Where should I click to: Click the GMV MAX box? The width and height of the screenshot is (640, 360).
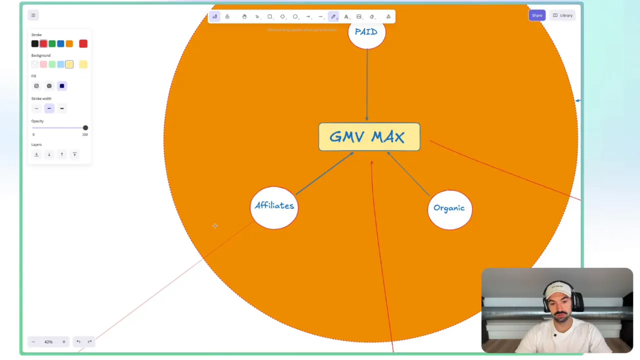pos(369,137)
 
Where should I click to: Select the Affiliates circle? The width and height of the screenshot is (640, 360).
pos(274,207)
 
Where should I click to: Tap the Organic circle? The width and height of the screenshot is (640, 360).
pos(449,209)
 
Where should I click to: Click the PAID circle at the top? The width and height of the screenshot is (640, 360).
pos(366,32)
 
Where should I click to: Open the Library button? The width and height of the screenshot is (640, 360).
pos(562,15)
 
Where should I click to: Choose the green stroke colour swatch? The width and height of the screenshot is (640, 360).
pos(52,44)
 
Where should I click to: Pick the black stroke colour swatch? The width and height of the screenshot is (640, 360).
pos(35,44)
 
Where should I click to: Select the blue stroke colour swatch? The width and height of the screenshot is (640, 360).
pos(60,44)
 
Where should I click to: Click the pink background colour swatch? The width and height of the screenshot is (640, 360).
pos(43,64)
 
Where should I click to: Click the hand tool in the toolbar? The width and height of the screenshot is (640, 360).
pos(244,17)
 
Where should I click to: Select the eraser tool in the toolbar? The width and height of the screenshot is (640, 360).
pos(371,17)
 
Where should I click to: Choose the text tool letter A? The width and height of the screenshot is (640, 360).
pos(346,17)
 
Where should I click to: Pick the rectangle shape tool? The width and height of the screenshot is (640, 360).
pos(269,17)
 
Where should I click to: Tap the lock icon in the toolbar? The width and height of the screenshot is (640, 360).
pos(227,17)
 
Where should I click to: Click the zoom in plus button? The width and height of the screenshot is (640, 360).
pos(63,342)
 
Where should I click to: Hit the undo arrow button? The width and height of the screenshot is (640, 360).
pos(78,342)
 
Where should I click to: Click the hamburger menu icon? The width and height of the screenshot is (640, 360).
pos(33,15)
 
